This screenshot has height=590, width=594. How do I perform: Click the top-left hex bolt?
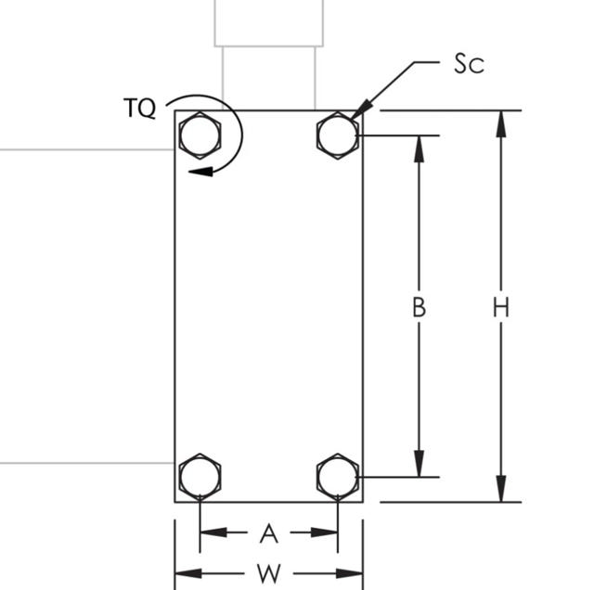[200, 136]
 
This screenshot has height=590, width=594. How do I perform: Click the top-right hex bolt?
[338, 136]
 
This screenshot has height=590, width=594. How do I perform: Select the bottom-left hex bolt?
[200, 478]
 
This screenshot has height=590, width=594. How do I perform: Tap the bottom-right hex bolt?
[338, 478]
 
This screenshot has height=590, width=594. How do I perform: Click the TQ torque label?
[140, 109]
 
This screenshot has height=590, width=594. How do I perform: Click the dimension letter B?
[420, 307]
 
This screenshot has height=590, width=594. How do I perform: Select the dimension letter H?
[501, 307]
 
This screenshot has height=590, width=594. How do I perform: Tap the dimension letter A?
[269, 532]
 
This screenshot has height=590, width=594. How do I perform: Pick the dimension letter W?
[269, 573]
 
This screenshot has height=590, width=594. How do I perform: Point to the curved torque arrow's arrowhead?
[197, 171]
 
